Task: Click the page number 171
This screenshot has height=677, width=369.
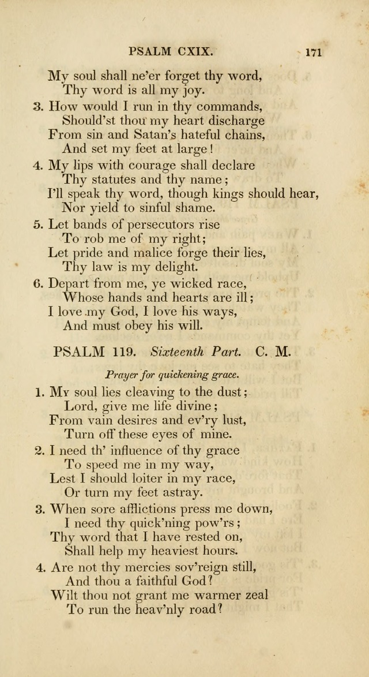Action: tap(312, 51)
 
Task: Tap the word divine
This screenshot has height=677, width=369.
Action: tap(193, 406)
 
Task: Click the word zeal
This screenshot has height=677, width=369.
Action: tap(253, 596)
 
